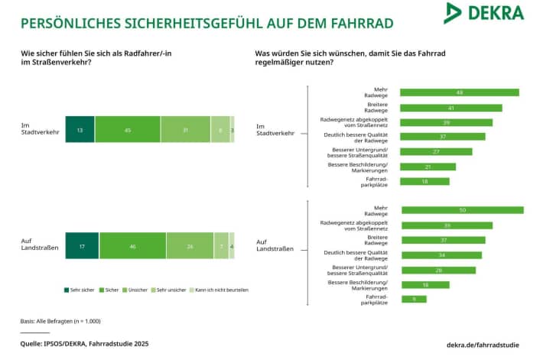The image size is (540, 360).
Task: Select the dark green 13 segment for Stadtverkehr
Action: click(x=80, y=130)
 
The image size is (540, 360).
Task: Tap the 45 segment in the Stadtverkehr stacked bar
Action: click(x=128, y=130)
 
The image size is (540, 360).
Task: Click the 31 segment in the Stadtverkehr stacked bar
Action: click(x=185, y=130)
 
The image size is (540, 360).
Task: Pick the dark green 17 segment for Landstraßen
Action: click(x=82, y=246)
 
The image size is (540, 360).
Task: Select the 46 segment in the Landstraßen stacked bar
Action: click(x=132, y=246)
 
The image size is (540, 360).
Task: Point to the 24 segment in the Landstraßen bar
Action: click(x=190, y=246)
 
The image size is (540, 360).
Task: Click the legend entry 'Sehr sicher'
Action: click(x=80, y=290)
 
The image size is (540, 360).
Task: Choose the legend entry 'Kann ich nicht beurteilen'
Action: click(x=221, y=290)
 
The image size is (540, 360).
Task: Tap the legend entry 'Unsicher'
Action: click(x=135, y=290)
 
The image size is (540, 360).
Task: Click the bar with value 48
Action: click(x=459, y=92)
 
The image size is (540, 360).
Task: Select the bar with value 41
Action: click(x=451, y=108)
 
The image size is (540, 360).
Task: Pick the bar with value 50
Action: click(x=461, y=210)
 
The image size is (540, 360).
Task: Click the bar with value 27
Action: click(x=436, y=151)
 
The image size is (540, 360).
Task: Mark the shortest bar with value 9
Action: click(x=413, y=299)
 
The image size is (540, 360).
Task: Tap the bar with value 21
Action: click(x=428, y=167)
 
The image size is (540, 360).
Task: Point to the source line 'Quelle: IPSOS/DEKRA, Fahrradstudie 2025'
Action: click(x=84, y=344)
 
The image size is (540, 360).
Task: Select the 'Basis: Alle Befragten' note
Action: click(x=60, y=321)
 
